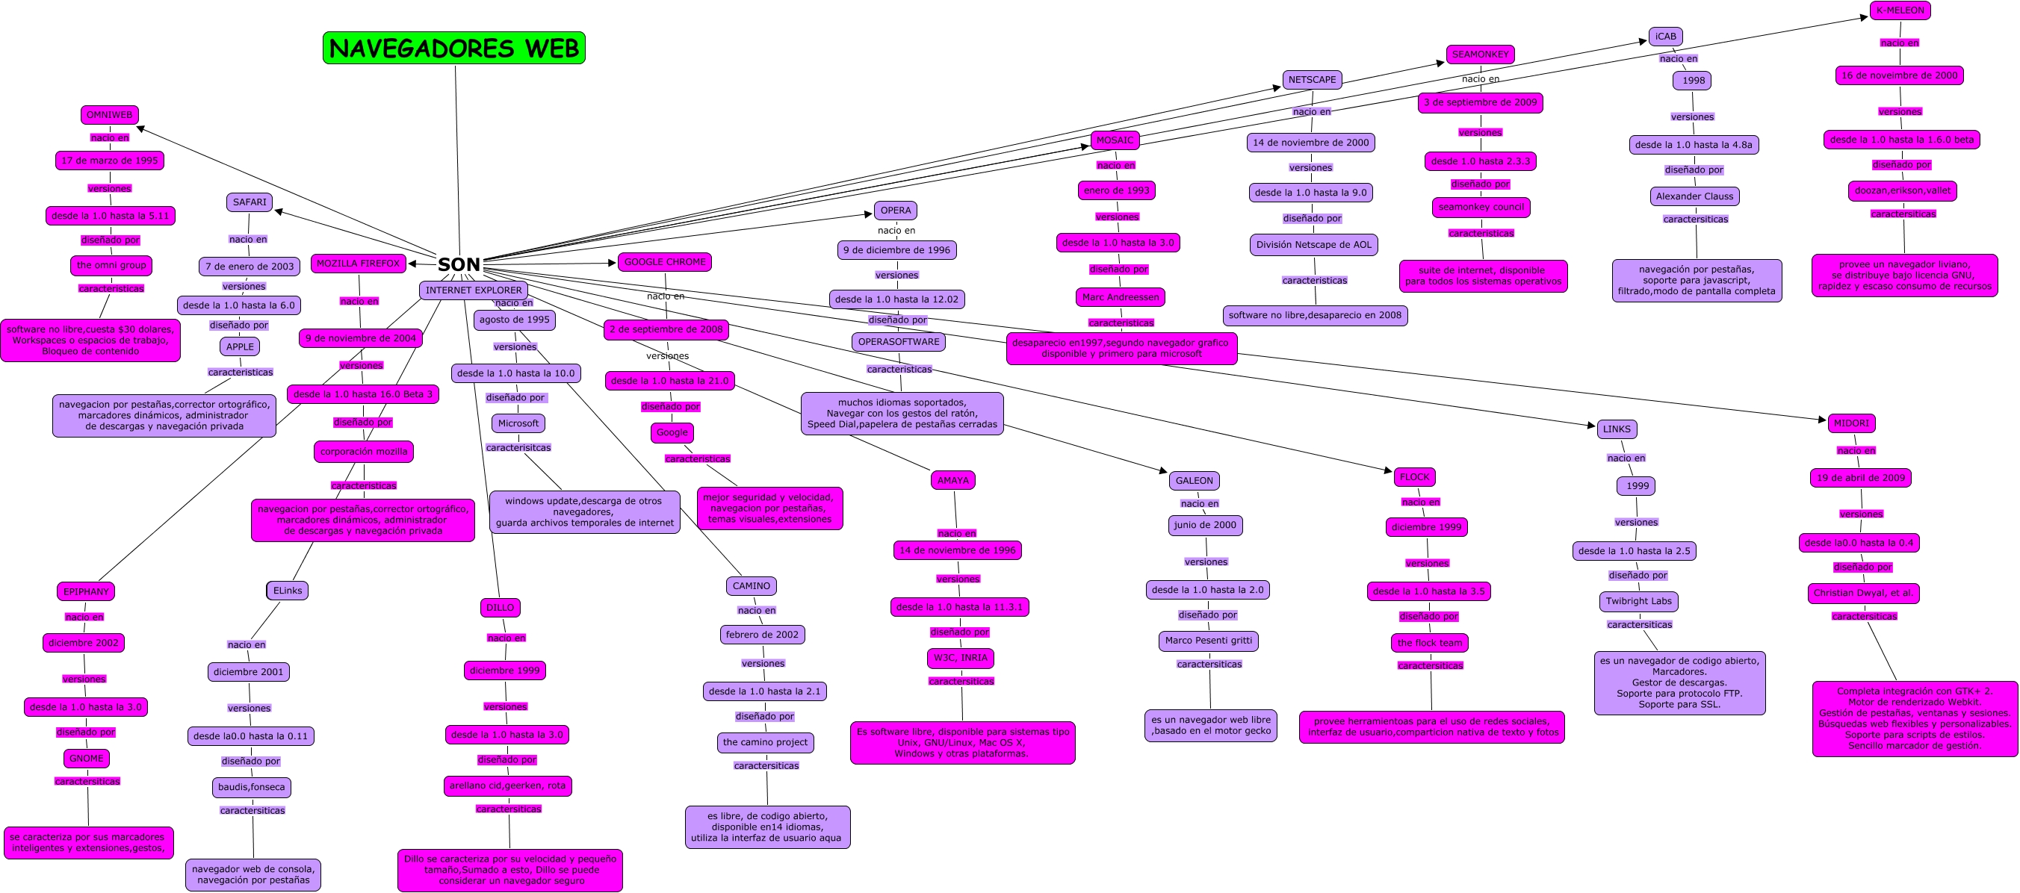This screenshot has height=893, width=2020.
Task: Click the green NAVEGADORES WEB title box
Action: pos(453,48)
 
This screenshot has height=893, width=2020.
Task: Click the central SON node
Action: pos(459,264)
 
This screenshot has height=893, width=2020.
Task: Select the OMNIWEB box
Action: pos(110,115)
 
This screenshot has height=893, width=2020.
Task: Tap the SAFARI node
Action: pos(250,202)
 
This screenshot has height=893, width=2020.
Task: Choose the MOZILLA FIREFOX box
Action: pos(359,264)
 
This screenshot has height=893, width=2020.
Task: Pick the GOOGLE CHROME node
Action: pos(664,262)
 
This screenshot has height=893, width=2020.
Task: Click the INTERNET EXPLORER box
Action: pos(473,290)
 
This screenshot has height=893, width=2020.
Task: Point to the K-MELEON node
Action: pos(1900,10)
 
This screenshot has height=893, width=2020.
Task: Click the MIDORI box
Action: pos(1850,423)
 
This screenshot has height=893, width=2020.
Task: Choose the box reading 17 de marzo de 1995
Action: pos(110,161)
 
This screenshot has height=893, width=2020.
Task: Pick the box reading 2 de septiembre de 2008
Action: pos(666,329)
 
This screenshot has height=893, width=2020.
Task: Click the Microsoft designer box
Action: pos(518,423)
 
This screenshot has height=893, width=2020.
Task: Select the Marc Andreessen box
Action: pos(1120,297)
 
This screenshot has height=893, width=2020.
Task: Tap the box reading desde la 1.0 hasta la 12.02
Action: pos(896,299)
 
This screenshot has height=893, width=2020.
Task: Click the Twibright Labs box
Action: pos(1638,601)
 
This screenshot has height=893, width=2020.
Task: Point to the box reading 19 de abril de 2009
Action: pos(1860,477)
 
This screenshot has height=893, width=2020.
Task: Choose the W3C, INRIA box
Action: pos(960,658)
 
